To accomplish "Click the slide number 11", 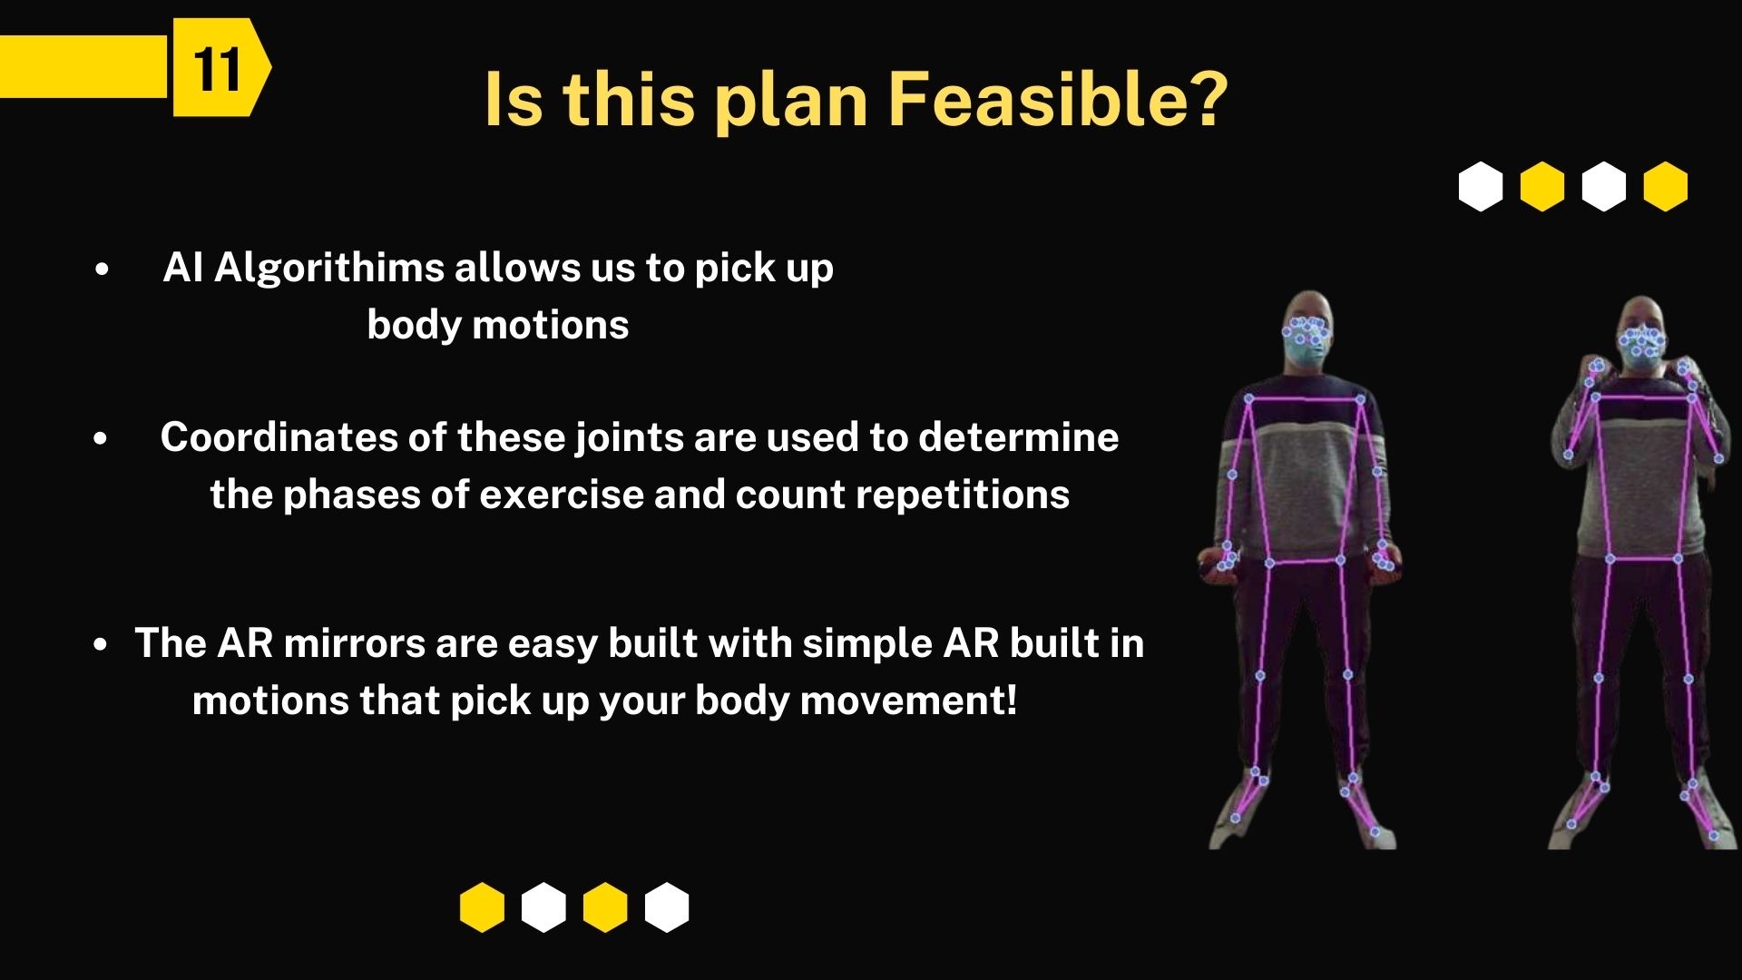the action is (217, 69).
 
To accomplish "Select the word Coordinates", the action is (279, 437).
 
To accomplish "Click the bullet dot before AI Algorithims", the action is (101, 269).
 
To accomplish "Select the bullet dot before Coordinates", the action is (101, 439).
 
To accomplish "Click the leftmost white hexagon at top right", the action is (1481, 187).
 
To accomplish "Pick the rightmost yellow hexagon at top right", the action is (1666, 187).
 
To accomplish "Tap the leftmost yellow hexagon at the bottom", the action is (482, 907).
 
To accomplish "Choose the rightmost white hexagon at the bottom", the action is (667, 907).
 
